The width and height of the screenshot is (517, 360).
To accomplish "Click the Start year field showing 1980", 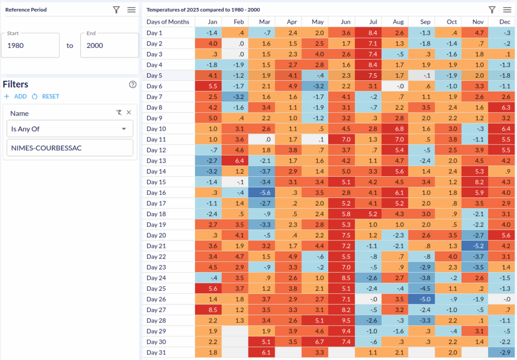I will coord(30,45).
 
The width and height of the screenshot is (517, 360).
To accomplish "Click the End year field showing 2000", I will coord(109,45).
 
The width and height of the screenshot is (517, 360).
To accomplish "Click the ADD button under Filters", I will coord(16,96).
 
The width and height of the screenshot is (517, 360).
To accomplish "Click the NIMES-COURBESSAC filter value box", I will coord(70,148).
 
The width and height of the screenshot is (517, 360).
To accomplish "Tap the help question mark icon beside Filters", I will coord(133,84).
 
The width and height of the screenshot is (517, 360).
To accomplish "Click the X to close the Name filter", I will coord(129,113).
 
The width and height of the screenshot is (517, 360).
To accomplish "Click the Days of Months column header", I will coord(168,22).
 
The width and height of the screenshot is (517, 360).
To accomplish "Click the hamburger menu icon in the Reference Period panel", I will coord(131,10).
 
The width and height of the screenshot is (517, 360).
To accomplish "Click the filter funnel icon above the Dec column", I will coord(492,10).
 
